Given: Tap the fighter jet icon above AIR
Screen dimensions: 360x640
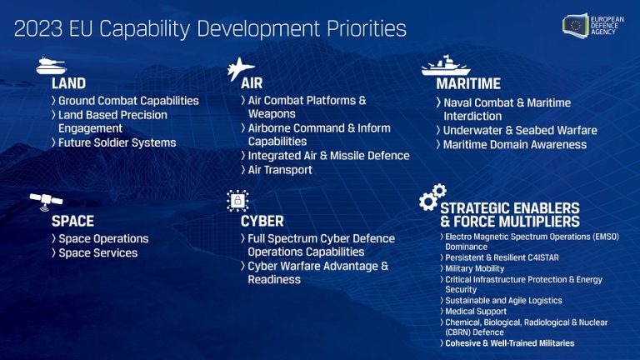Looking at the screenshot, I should [241, 67].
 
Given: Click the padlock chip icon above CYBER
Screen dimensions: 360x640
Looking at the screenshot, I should [237, 201].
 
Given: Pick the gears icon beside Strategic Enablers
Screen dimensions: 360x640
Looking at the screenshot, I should [432, 197].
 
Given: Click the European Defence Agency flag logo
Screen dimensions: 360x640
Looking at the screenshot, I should [576, 25].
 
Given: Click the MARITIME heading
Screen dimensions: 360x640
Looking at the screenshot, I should [467, 83].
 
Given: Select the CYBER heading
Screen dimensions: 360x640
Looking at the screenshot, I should [262, 222].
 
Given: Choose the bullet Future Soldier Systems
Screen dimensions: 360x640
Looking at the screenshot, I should [117, 142].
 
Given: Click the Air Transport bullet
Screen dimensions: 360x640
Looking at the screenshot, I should [280, 170].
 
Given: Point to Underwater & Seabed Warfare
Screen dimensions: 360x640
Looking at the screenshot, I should [520, 130].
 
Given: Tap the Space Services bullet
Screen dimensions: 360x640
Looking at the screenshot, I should [97, 252].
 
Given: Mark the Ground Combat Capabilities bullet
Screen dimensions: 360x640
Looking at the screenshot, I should [128, 101].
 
